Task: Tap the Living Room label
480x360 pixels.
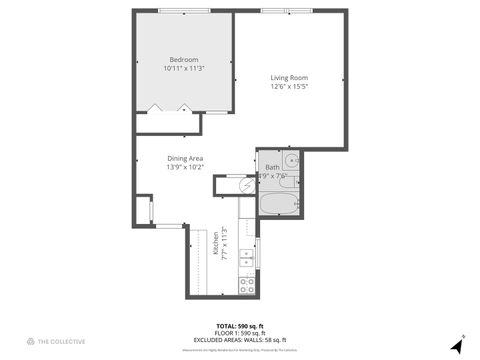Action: pos(289,78)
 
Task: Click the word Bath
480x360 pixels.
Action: pos(272,167)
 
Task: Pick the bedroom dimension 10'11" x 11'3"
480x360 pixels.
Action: pos(185,68)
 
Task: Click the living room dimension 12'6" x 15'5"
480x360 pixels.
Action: pos(289,87)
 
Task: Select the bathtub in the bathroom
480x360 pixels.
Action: pos(279,205)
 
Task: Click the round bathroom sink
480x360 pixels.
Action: pos(290,159)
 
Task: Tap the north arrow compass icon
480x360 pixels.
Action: pos(458,343)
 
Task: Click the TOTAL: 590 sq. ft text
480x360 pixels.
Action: pos(241,327)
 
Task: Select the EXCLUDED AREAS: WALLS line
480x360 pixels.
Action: pos(241,341)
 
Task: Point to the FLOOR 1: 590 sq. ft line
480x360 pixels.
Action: pos(241,334)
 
